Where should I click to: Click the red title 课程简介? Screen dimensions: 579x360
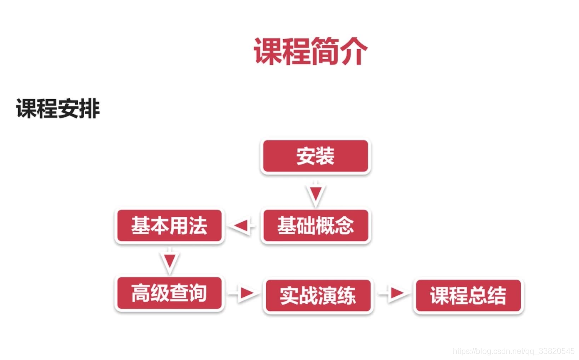310,51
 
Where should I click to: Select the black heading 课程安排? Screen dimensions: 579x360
58,108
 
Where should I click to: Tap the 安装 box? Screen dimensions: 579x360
315,156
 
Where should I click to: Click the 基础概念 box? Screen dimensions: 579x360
315,226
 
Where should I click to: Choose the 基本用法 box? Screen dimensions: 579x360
169,226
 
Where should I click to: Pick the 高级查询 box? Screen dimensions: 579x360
169,294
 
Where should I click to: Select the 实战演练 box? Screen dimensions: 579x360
318,296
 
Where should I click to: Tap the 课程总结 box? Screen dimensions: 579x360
468,296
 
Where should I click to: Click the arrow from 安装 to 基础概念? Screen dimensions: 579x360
315,195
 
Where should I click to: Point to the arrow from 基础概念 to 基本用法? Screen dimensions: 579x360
242,226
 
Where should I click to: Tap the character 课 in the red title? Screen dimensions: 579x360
268,51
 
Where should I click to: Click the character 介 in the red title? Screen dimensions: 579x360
353,51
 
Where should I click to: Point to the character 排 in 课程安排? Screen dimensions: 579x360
89,108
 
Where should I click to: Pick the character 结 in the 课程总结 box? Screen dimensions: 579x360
496,296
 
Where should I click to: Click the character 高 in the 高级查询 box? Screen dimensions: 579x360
141,294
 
